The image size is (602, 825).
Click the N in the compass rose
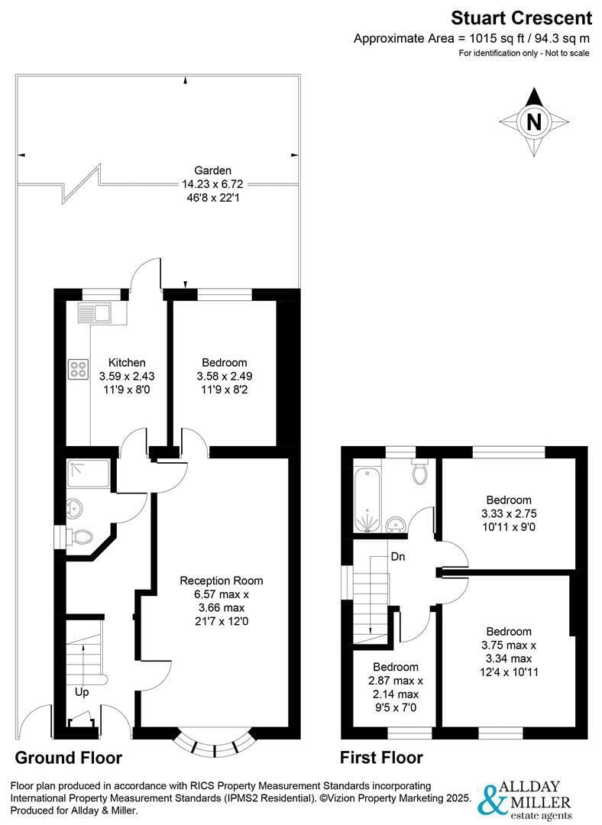pos(533,122)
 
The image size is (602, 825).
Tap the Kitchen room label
pos(127,363)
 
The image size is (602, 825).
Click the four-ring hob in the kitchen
pos(78,369)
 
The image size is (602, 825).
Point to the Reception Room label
pos(222,581)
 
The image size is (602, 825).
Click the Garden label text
pos(212,170)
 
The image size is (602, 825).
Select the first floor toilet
pos(420,471)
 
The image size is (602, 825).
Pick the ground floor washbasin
pos(73,508)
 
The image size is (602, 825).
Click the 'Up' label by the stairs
pos(82,692)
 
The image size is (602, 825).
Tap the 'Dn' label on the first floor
pos(398,557)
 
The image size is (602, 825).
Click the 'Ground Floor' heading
pos(69,758)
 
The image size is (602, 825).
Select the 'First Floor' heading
pos(381,758)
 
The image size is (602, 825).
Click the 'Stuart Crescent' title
pos(522,18)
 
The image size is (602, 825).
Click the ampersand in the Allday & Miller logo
pos(490,801)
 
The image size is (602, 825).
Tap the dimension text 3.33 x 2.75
pos(509,513)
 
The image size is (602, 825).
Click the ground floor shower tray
pos(89,474)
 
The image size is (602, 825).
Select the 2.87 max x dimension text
pos(396,681)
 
